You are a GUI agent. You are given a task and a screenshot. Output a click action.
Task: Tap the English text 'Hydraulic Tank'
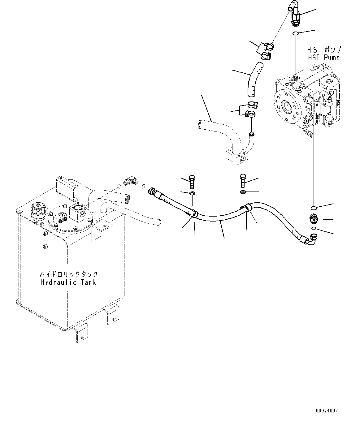pyautogui.click(x=68, y=282)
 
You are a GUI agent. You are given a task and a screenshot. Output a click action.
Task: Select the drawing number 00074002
pyautogui.click(x=327, y=411)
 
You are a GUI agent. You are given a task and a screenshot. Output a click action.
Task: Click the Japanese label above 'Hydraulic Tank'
pyautogui.click(x=68, y=274)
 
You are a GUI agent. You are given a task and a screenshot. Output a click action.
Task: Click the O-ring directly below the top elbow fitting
pyautogui.click(x=295, y=33)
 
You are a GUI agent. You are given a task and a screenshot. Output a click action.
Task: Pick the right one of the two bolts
pyautogui.click(x=242, y=181)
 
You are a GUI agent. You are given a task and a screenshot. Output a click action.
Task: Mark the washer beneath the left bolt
pyautogui.click(x=192, y=194)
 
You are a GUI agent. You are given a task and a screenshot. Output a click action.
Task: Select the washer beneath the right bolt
pyautogui.click(x=242, y=193)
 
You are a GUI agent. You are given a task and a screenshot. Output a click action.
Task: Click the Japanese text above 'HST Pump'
pyautogui.click(x=323, y=50)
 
